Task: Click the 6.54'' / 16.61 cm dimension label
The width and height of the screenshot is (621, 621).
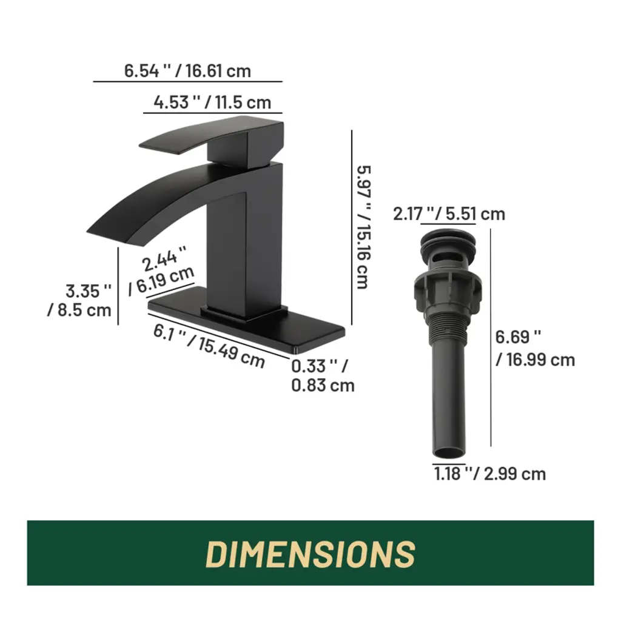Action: pos(188,72)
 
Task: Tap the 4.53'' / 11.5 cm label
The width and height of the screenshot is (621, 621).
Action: pos(212,102)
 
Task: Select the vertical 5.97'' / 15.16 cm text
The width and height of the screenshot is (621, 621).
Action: pos(364,227)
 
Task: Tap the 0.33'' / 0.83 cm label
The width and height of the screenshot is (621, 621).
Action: pos(323,375)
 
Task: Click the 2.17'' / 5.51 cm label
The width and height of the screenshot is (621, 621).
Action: pos(449,214)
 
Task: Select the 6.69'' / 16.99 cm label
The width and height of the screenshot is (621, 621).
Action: pos(535,349)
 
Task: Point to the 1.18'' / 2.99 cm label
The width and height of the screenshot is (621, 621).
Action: pos(490,474)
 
